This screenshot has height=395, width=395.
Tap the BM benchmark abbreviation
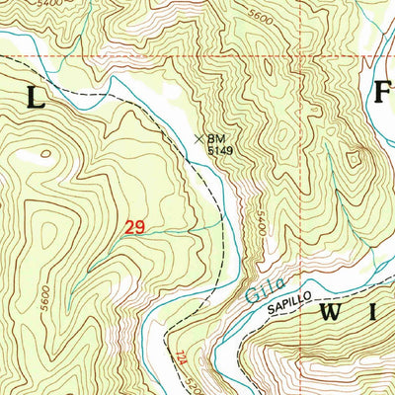coord(216,140)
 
